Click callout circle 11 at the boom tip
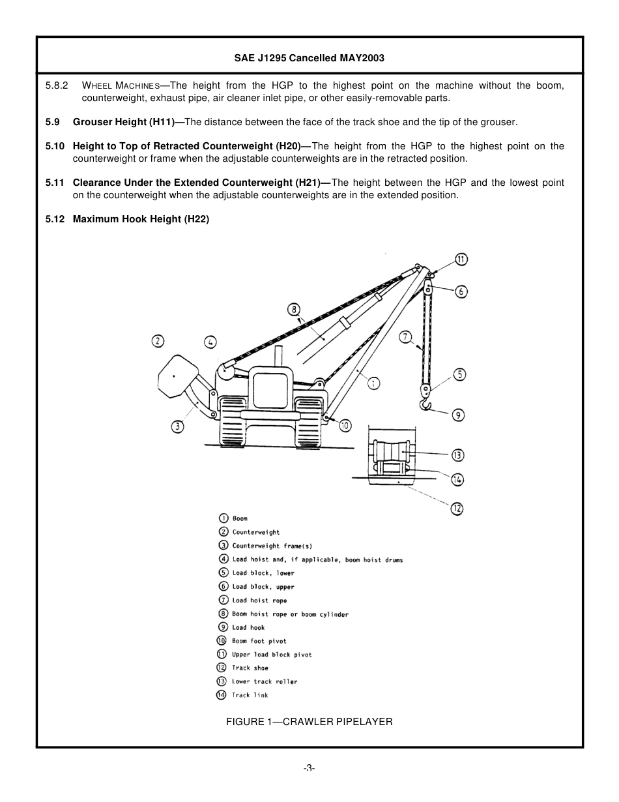(x=461, y=259)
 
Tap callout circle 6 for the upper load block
(x=461, y=291)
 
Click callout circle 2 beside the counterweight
(x=158, y=340)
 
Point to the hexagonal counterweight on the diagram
(x=177, y=376)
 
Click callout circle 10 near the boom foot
(x=345, y=426)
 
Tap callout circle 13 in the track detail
(x=457, y=455)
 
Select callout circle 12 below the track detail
(x=457, y=509)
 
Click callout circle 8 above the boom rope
(x=294, y=309)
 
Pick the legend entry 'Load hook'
(x=248, y=628)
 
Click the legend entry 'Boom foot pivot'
(x=259, y=642)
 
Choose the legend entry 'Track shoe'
(x=250, y=668)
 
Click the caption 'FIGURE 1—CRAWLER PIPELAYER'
(x=309, y=722)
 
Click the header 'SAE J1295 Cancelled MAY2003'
(x=309, y=58)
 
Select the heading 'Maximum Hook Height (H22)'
(x=141, y=219)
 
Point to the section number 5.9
(x=53, y=122)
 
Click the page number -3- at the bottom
(x=309, y=768)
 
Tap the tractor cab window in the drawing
(x=270, y=390)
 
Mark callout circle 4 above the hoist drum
(x=210, y=341)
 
